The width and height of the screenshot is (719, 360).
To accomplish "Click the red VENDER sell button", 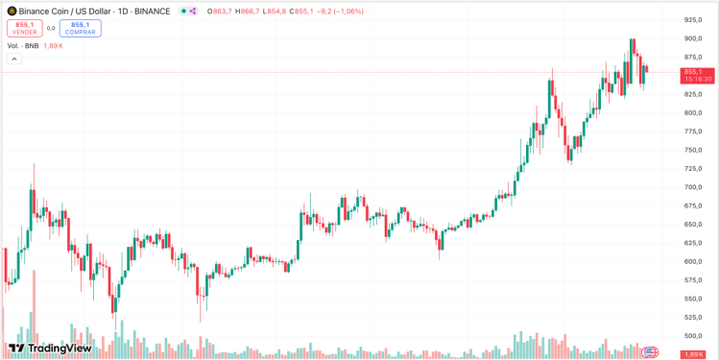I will coord(24,28).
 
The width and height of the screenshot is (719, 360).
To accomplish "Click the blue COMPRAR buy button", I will coord(80,28).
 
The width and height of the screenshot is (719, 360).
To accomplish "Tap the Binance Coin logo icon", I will coord(12,11).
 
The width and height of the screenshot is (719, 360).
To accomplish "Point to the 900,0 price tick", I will coord(693,38).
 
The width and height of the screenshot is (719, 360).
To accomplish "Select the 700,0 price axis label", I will coord(693,187).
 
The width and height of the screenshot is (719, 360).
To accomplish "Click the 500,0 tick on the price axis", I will coord(693,335).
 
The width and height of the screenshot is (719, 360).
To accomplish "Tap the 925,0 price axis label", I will coord(693,19).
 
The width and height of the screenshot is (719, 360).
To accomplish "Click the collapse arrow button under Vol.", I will coord(14,59).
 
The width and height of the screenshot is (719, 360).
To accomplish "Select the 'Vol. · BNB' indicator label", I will coord(23,45).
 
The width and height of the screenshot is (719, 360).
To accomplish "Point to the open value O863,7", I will coord(219,12).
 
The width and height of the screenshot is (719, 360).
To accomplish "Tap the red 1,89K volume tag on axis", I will coord(693,355).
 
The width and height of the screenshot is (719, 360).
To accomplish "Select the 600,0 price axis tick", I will coord(693,261).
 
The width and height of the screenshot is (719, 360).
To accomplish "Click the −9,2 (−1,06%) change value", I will coord(340,12).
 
